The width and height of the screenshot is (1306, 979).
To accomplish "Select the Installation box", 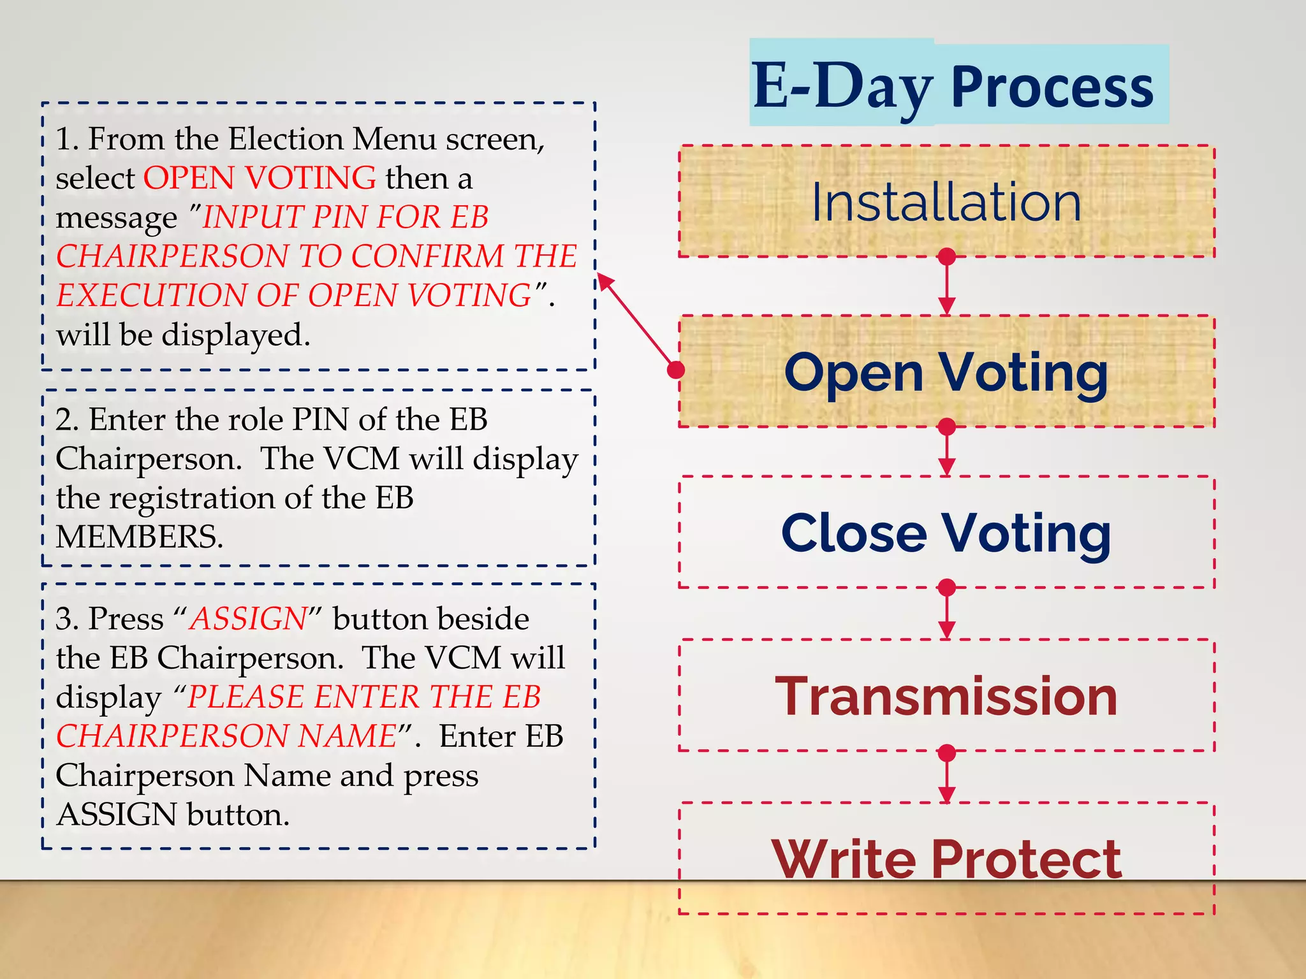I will [x=946, y=201].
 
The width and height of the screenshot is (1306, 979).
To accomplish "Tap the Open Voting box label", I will [x=946, y=373].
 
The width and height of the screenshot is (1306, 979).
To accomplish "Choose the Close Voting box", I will [x=946, y=533].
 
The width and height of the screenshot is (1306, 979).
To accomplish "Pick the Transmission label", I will [x=946, y=696].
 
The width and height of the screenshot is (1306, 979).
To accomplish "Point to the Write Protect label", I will [x=946, y=859].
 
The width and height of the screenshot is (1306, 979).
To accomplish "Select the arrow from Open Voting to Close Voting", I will [x=947, y=451].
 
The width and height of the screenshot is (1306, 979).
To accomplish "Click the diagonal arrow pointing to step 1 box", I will [x=636, y=322].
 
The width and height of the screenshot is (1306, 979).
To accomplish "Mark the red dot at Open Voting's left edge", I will [x=676, y=370].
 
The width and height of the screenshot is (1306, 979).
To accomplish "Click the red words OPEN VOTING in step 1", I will [x=260, y=178].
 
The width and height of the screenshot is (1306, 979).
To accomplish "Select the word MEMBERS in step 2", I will [x=139, y=537].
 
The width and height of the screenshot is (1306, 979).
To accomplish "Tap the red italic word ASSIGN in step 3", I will [x=249, y=619].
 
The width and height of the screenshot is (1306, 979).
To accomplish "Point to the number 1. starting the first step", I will [x=66, y=139].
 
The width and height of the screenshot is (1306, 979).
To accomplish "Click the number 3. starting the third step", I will [x=67, y=619].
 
